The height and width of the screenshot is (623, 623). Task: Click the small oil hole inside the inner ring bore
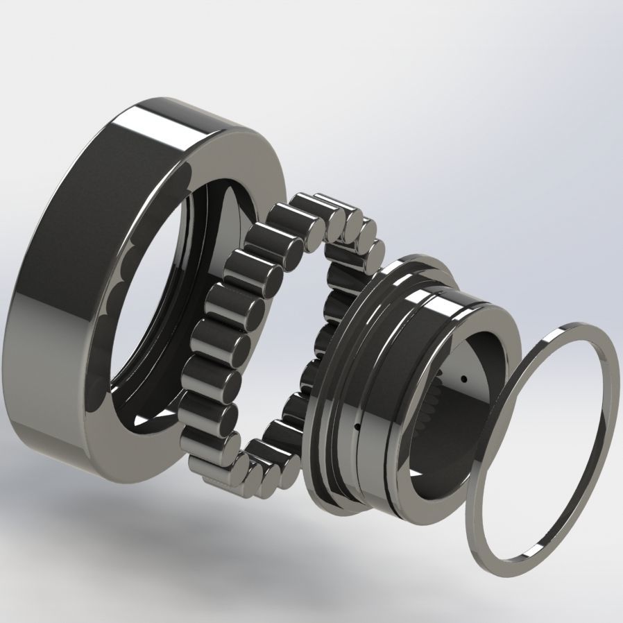click(463, 379)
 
